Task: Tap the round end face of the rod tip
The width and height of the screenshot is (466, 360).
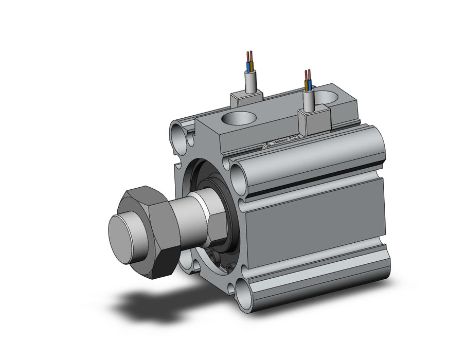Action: pyautogui.click(x=124, y=233)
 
